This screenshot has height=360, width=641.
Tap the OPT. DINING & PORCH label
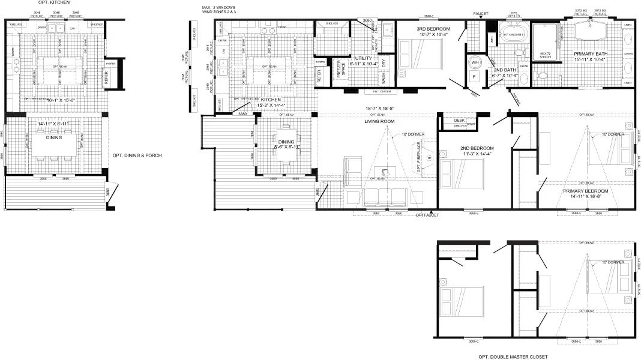[x=137, y=155]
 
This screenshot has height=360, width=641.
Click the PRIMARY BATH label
[x=590, y=55]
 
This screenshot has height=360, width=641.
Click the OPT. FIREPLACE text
[x=419, y=158]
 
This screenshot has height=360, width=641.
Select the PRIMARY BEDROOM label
[x=586, y=191]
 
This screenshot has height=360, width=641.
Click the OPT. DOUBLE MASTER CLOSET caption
[x=513, y=356]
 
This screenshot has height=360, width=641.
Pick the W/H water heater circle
[x=474, y=62]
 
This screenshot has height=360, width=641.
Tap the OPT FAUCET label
[x=428, y=214]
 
